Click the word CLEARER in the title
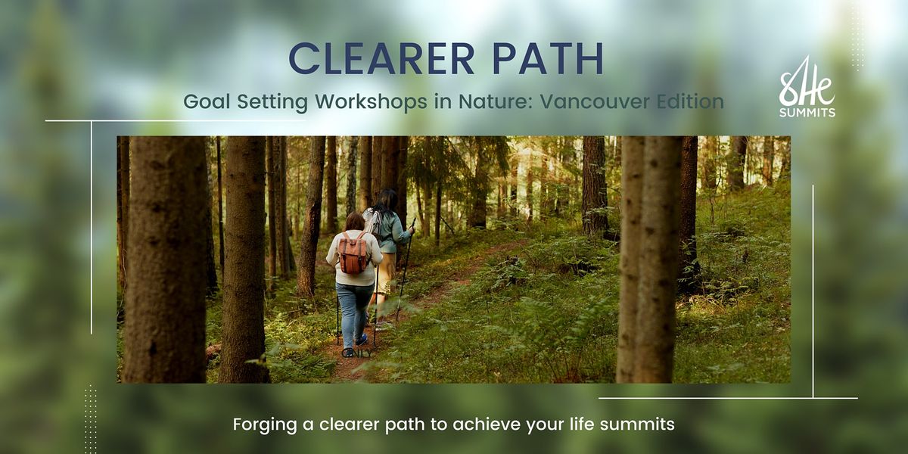pyautogui.click(x=382, y=58)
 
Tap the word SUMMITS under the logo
pyautogui.click(x=807, y=113)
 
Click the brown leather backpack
pyautogui.click(x=353, y=253)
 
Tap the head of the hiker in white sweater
pyautogui.click(x=355, y=221)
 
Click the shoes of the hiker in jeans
pyautogui.click(x=355, y=347)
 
